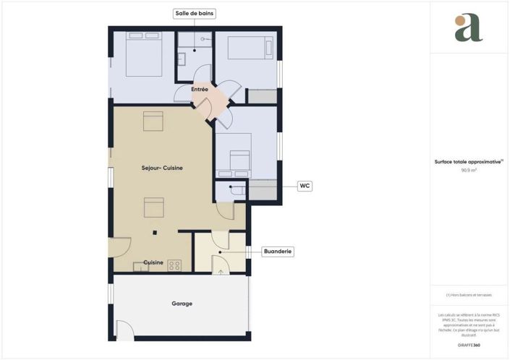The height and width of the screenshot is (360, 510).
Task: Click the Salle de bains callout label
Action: tap(195, 14)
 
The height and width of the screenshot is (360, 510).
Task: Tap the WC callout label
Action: tap(305, 186)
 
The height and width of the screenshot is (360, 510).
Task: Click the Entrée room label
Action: tap(200, 90)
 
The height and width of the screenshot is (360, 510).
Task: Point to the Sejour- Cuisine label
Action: tap(162, 168)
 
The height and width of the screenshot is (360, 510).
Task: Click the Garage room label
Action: tap(182, 304)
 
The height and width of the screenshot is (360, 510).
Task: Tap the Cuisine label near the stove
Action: tap(153, 262)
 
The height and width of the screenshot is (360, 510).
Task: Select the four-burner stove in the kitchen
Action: tap(174, 265)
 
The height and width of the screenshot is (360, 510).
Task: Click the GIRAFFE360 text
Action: tap(469, 346)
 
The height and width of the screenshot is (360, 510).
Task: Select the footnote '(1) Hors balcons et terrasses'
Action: tap(469, 295)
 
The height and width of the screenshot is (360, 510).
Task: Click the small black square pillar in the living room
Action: tap(154, 233)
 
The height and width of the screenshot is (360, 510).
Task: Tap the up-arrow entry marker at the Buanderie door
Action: tap(221, 272)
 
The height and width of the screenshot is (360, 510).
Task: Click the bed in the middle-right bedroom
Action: tap(238, 160)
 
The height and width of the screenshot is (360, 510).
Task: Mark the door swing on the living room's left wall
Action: tap(120, 248)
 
